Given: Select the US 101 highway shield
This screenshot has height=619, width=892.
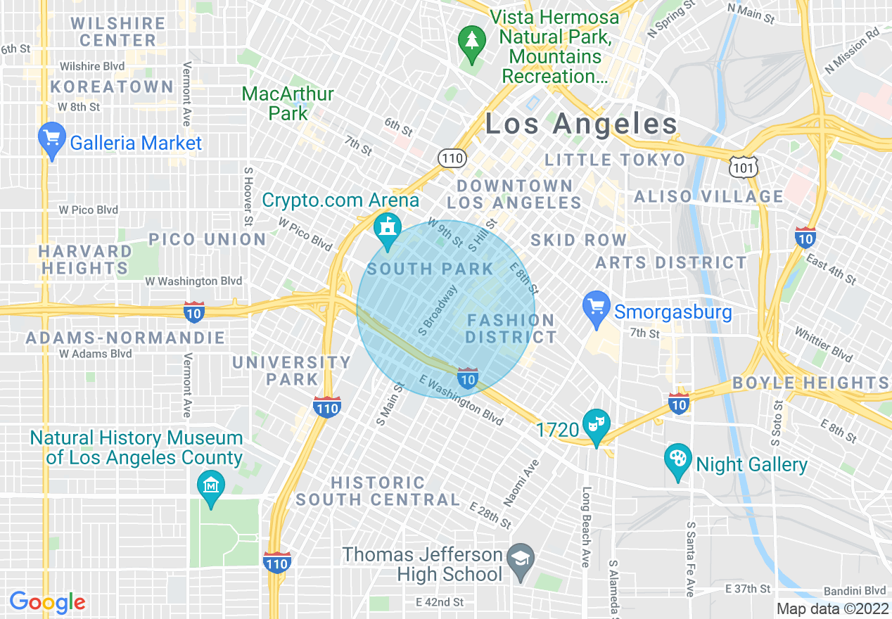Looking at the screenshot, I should point(745,167).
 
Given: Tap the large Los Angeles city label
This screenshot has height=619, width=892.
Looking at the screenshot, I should point(582,125).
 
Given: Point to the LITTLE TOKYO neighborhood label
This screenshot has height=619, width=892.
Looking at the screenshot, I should point(615,160).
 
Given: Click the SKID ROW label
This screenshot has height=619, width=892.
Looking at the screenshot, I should point(578,240).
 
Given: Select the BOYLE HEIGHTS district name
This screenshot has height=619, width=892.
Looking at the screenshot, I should point(810,383).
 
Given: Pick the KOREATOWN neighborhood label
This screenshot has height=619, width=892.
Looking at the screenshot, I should point(112,87).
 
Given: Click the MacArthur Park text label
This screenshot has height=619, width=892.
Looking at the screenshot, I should point(288,103).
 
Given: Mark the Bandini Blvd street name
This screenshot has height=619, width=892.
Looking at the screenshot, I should point(855,590).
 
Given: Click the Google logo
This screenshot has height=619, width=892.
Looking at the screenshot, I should point(47,602).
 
